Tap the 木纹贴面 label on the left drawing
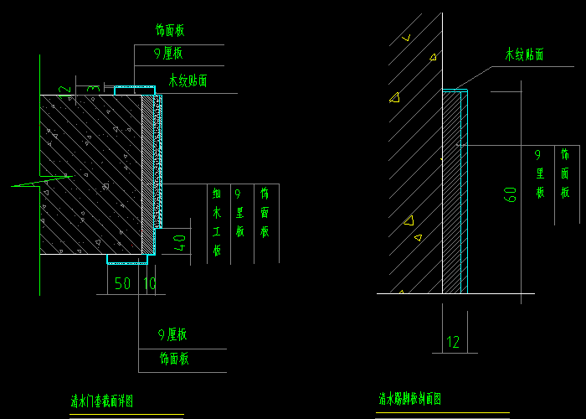point(188,81)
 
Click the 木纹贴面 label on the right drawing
point(524,54)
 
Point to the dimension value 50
point(122,284)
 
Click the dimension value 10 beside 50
point(150,284)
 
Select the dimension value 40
point(177,244)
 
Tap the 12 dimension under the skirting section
point(453,341)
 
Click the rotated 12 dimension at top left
point(62,89)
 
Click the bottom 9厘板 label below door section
point(172,334)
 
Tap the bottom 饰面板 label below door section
point(174,359)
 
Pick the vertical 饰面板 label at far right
point(565,173)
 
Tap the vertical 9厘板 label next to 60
point(540,173)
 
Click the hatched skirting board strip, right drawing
point(450,193)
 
